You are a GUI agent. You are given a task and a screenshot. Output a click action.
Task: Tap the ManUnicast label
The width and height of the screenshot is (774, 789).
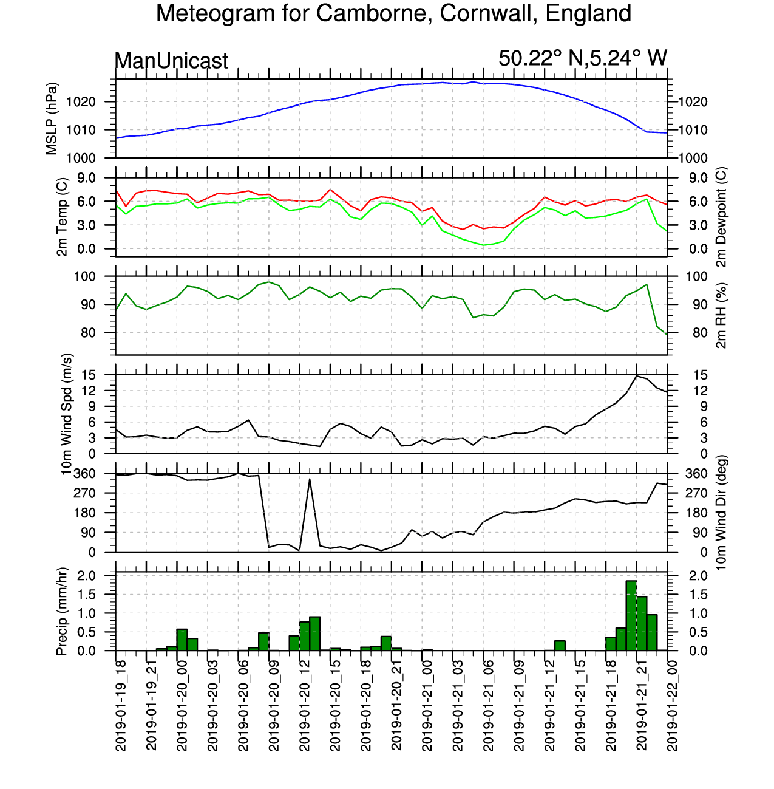click(x=171, y=61)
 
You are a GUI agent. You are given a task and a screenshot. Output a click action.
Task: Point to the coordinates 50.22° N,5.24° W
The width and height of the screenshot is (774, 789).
click(x=582, y=58)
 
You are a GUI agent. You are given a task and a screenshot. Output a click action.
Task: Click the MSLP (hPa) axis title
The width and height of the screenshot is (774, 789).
click(x=52, y=118)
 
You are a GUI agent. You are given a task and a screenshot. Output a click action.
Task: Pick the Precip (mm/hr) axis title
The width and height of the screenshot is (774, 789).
click(x=61, y=611)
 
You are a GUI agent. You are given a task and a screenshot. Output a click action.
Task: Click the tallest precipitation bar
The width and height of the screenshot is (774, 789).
click(x=631, y=615)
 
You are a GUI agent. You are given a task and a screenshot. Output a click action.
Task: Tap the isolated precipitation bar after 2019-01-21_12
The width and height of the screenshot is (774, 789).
click(x=560, y=645)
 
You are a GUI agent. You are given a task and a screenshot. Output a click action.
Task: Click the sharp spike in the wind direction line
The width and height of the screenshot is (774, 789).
click(x=310, y=479)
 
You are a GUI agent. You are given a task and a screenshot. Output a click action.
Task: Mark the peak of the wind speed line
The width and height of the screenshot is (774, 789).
click(x=636, y=375)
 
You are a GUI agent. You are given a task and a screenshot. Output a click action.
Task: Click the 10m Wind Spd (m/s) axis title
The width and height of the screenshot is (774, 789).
click(x=67, y=414)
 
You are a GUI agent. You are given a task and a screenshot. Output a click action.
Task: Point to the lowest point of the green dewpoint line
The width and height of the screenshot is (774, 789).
click(x=483, y=245)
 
